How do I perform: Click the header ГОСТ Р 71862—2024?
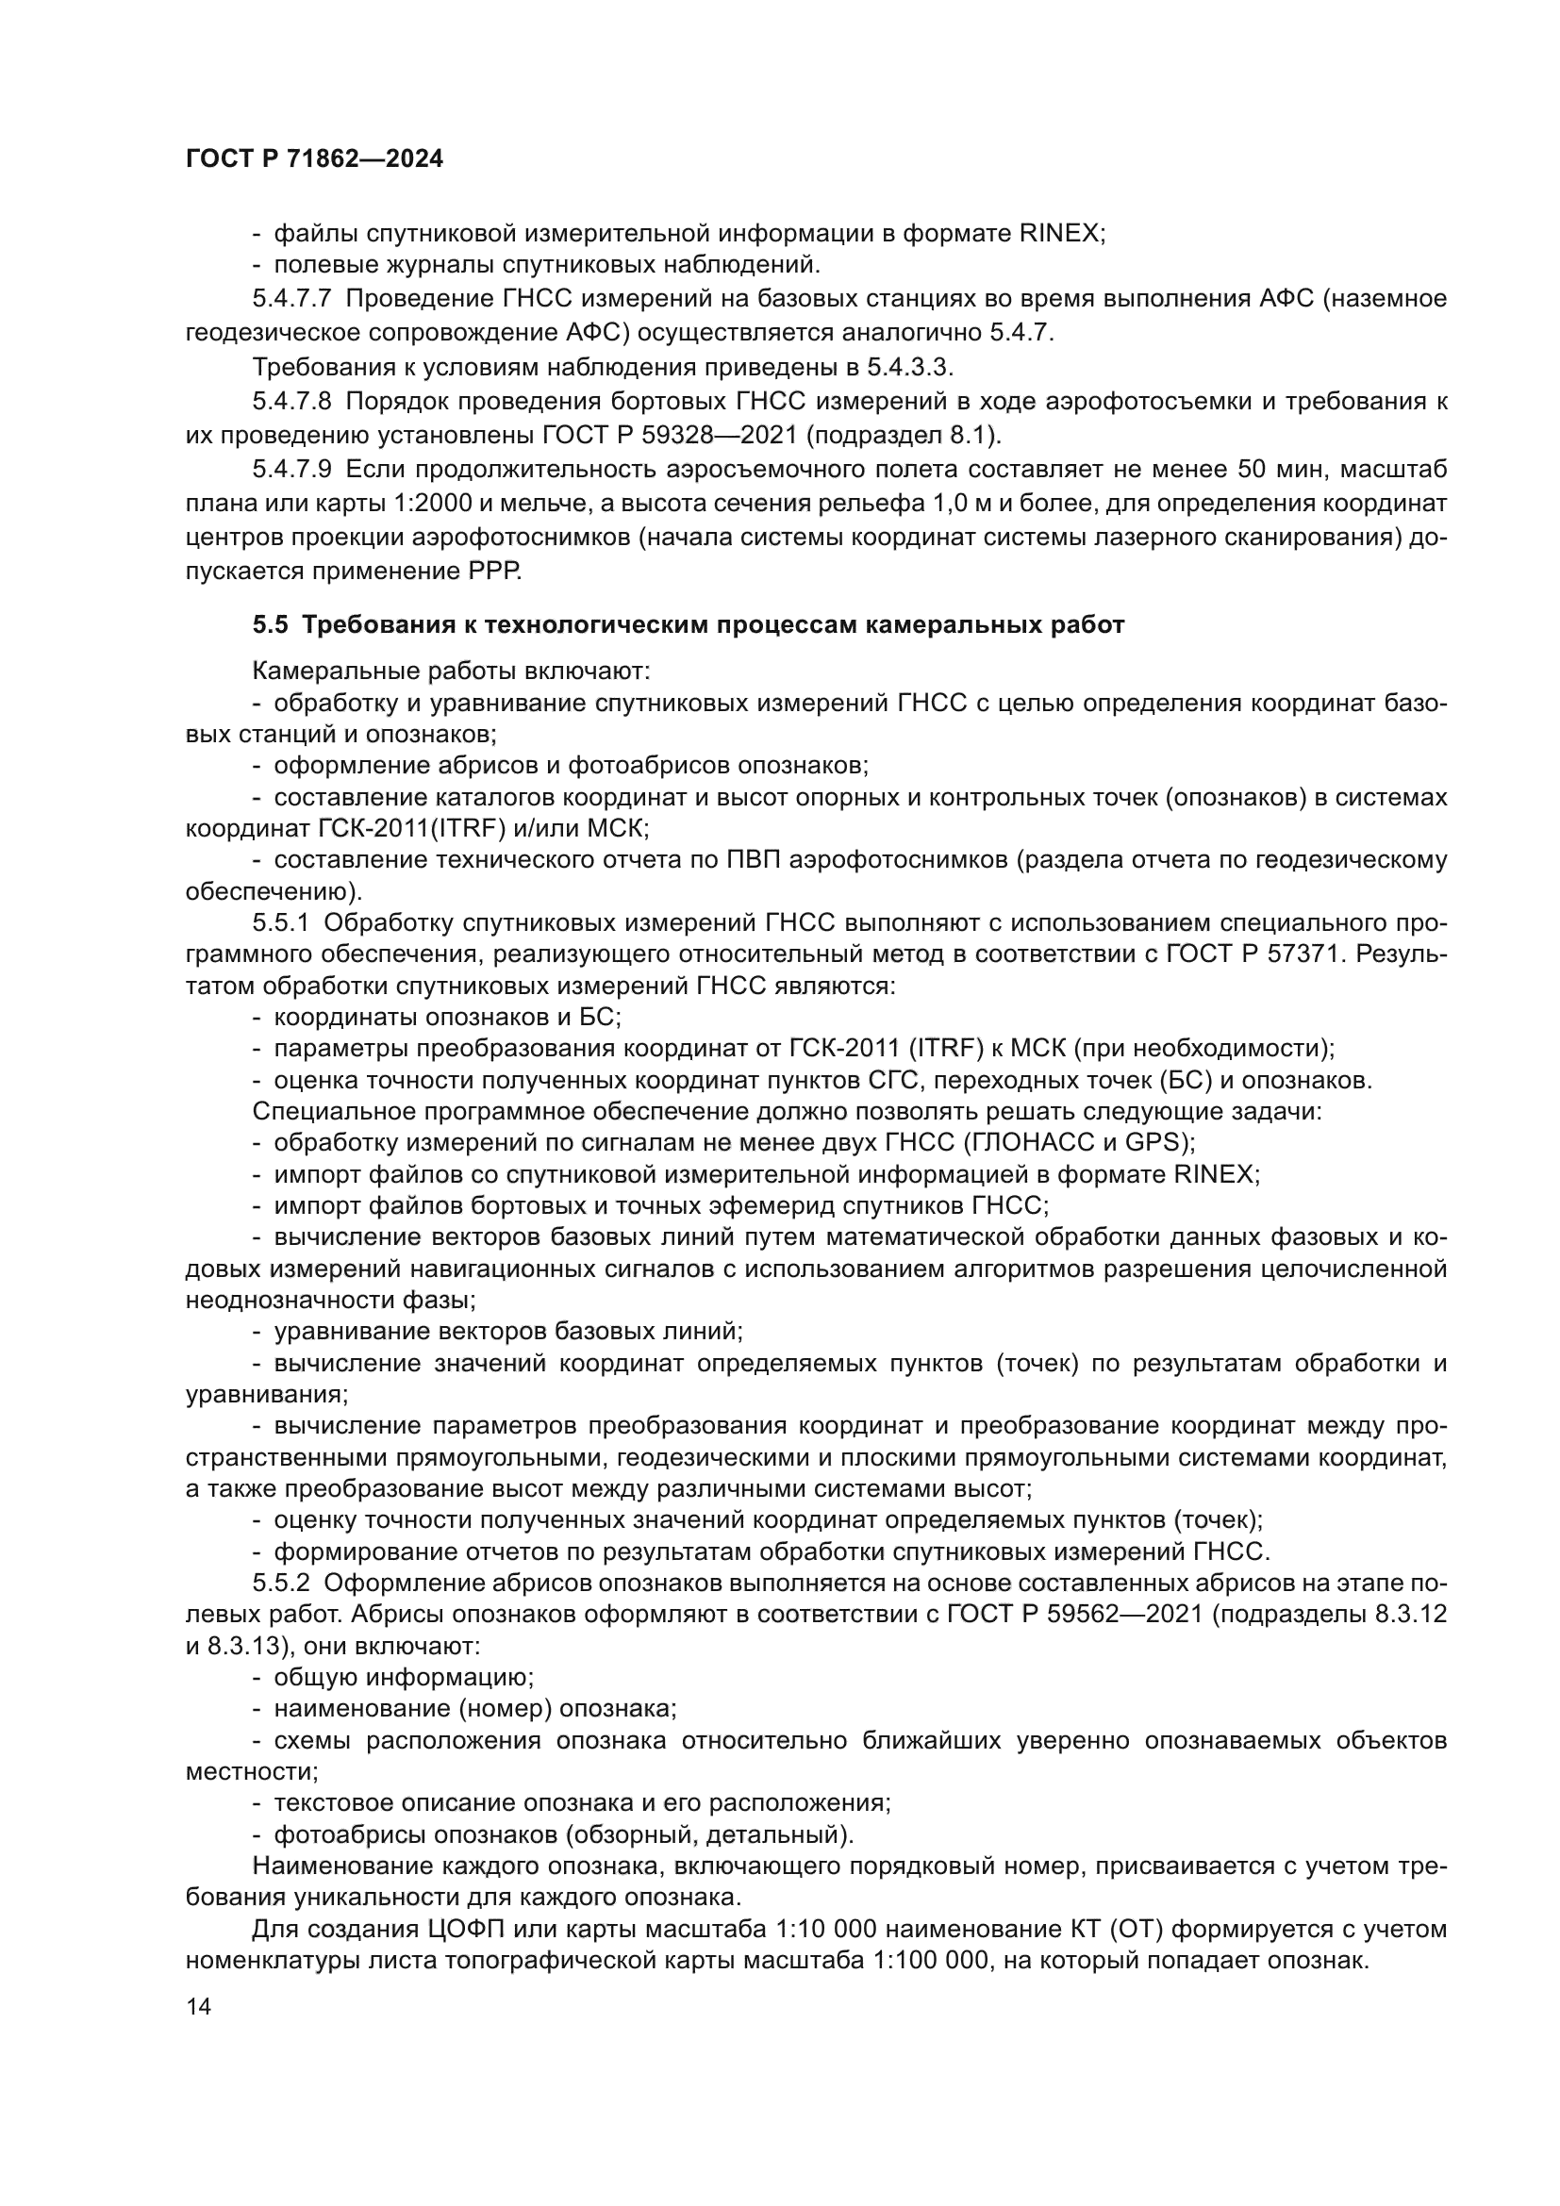click(x=314, y=159)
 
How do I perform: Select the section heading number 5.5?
click(x=270, y=625)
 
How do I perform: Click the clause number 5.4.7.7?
click(x=292, y=299)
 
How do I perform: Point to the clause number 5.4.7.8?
click(x=292, y=401)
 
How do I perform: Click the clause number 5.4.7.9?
click(x=292, y=469)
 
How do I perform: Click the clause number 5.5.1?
click(x=280, y=923)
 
